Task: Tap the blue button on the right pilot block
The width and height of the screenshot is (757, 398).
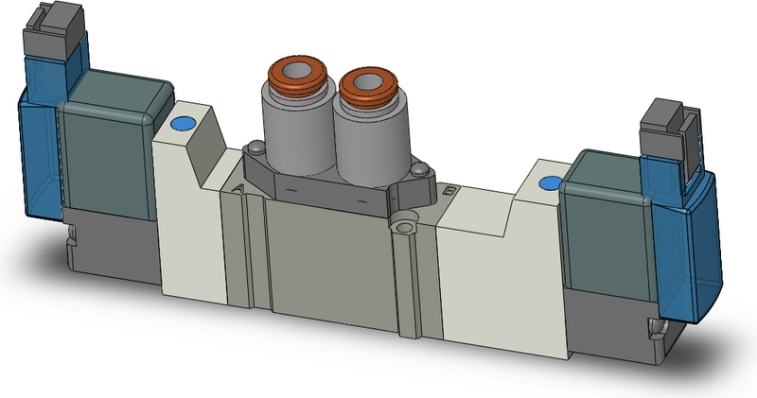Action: point(547,184)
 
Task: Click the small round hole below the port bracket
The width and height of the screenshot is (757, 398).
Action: point(405,226)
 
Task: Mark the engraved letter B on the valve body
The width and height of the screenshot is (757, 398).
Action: point(448,193)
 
